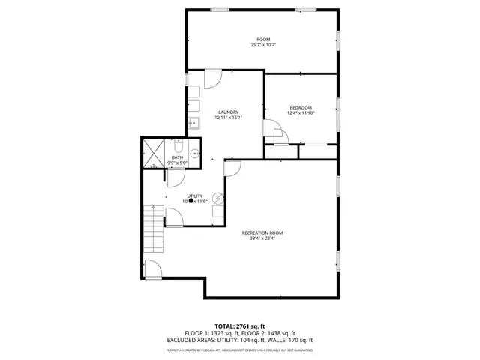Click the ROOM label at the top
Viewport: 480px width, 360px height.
[x=263, y=39]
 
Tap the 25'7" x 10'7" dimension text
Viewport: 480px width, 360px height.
[x=263, y=45]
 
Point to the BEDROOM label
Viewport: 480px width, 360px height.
[x=301, y=107]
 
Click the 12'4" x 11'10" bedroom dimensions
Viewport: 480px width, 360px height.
[x=301, y=113]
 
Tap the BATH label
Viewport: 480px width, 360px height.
[x=177, y=157]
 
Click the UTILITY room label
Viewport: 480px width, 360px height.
[x=194, y=196]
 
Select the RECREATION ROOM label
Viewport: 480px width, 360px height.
[x=262, y=232]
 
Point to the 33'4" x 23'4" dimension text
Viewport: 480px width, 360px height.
[x=262, y=238]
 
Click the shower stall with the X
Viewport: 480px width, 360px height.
[x=153, y=153]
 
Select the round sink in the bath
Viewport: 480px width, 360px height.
[x=195, y=153]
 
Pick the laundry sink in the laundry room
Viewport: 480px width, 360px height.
[x=193, y=123]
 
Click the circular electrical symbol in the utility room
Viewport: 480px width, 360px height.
[x=217, y=198]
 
